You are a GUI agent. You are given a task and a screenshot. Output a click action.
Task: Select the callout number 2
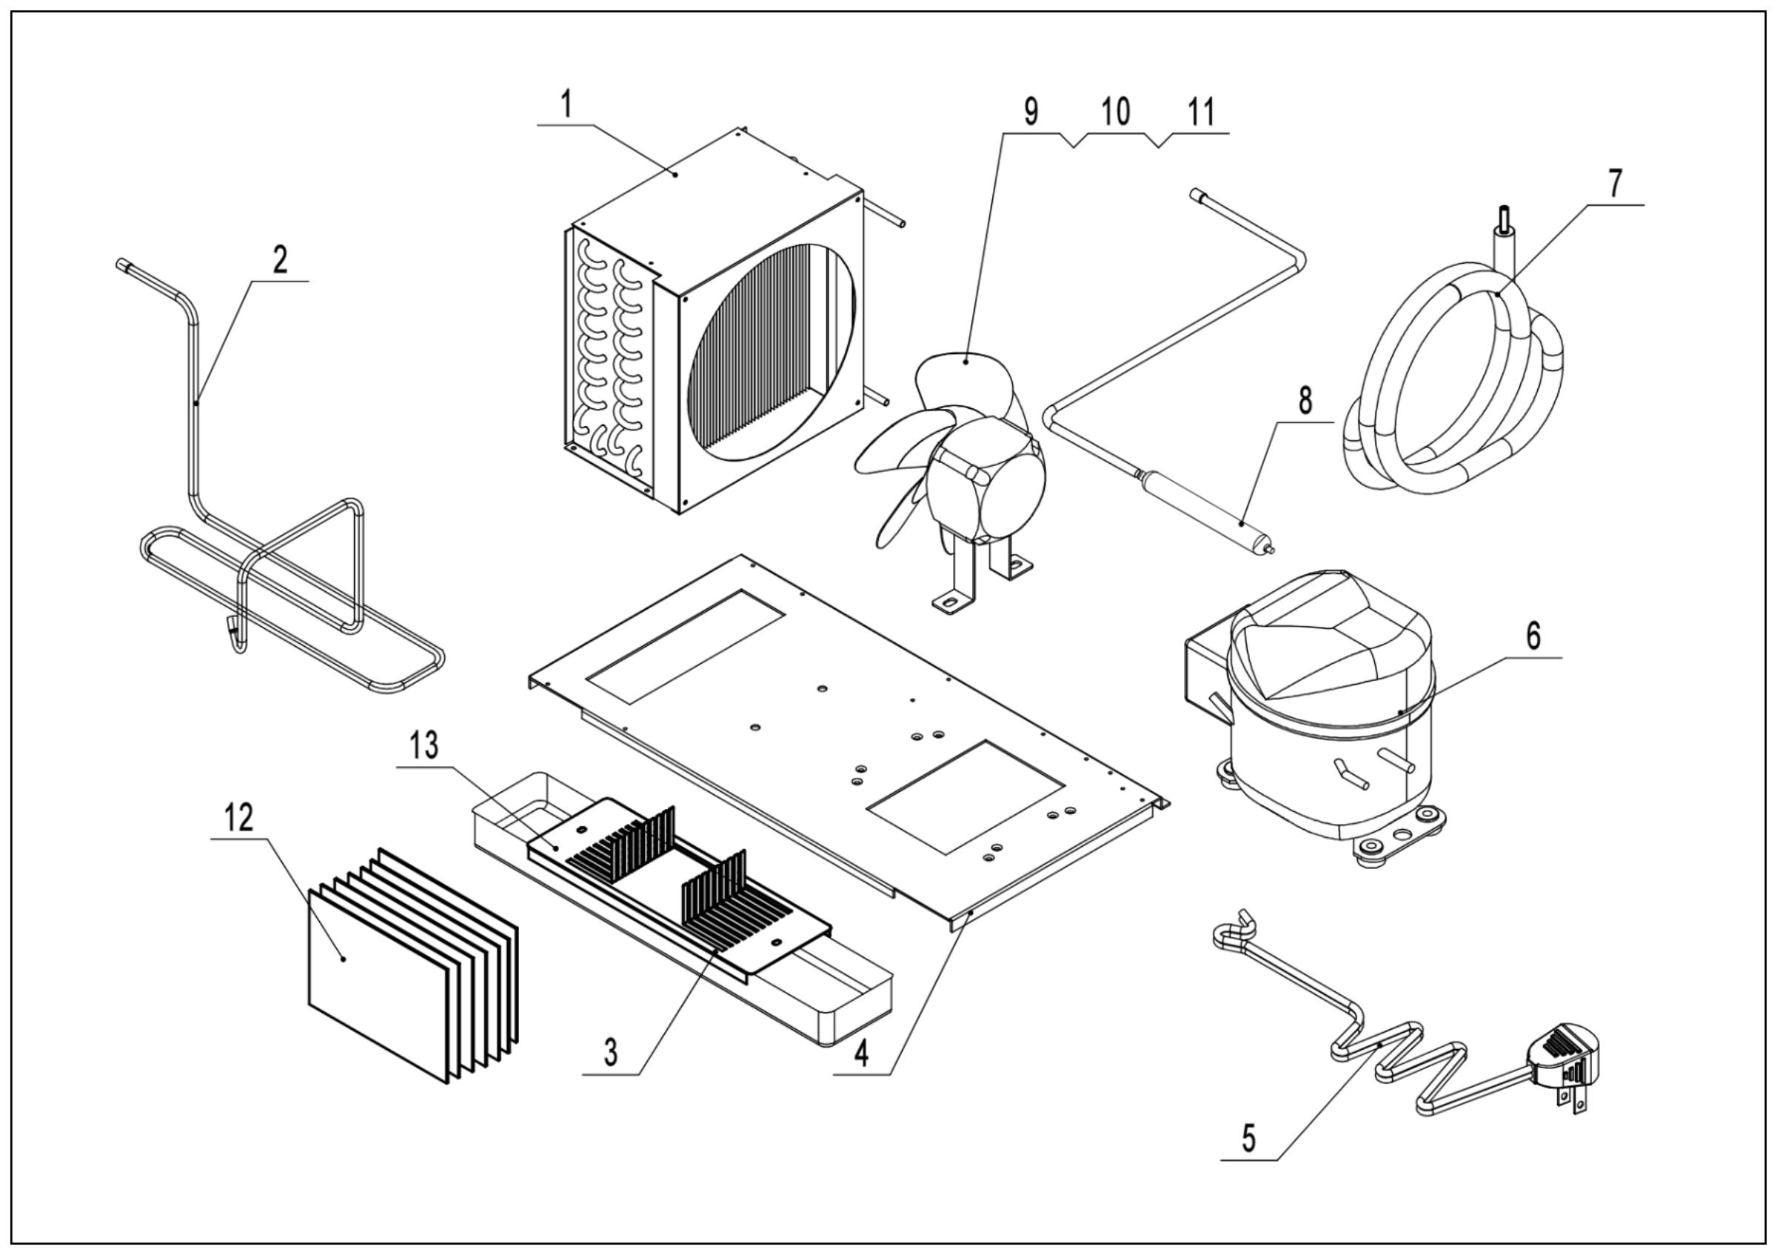point(279,261)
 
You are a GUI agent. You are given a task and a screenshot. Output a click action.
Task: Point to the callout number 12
point(239,818)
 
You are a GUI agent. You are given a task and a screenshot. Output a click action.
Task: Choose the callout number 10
point(1115,113)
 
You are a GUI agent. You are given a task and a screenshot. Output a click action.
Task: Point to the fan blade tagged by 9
point(964,379)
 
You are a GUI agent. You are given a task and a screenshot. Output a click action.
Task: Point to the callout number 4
point(860,1053)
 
